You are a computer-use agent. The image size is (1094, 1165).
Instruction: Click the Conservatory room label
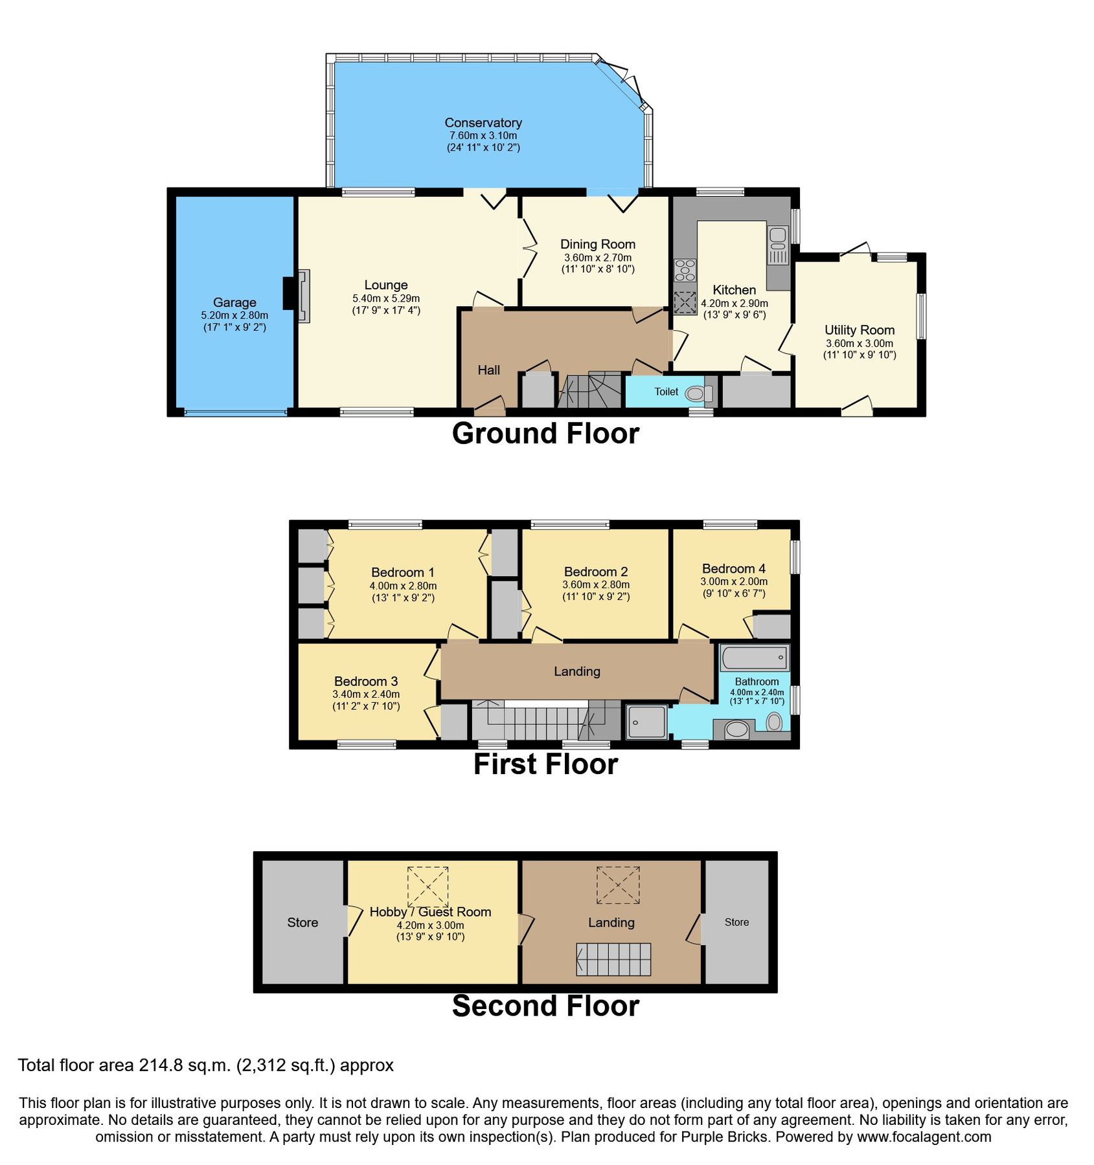(483, 123)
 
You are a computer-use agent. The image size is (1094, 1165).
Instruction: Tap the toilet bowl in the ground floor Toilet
(696, 393)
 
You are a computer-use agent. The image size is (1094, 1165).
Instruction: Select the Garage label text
(234, 302)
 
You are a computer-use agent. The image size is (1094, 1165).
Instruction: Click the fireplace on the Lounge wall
(302, 296)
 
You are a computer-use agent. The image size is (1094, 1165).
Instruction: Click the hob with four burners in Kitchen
(685, 270)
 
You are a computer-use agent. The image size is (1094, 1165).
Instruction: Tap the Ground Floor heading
(545, 433)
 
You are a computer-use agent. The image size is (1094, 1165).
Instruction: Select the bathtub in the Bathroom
(754, 658)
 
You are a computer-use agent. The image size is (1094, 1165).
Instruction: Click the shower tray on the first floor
(646, 722)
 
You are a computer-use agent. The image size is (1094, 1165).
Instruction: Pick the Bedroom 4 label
(733, 568)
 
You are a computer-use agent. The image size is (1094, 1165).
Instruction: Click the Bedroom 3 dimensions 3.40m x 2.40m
(366, 694)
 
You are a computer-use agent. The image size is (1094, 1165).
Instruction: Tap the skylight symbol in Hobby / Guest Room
(427, 887)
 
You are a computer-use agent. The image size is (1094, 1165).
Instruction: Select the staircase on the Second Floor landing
(613, 959)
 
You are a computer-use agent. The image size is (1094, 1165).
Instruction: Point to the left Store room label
(302, 922)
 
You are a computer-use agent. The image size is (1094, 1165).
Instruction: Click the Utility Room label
(859, 330)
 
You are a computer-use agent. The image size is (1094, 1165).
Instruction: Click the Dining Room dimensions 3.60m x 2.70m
(597, 257)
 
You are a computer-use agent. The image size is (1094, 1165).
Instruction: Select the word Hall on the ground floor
(488, 370)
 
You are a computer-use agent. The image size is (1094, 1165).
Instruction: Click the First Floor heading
(545, 764)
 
